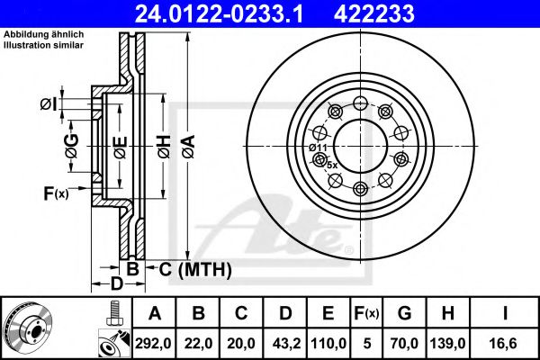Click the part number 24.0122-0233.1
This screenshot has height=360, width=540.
pyautogui.click(x=219, y=13)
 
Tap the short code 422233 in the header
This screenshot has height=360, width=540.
pyautogui.click(x=374, y=13)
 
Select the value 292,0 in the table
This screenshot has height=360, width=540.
pyautogui.click(x=153, y=343)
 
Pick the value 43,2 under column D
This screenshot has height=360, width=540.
pyautogui.click(x=286, y=343)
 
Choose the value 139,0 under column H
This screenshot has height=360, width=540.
pyautogui.click(x=447, y=343)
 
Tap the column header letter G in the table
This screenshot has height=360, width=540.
pyautogui.click(x=404, y=313)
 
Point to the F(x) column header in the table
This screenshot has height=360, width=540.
pyautogui.click(x=366, y=313)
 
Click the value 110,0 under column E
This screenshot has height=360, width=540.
pyautogui.click(x=328, y=343)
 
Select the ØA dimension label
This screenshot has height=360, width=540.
pyautogui.click(x=189, y=147)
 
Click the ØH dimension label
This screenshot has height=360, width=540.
pyautogui.click(x=165, y=147)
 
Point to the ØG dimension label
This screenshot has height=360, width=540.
pyautogui.click(x=72, y=147)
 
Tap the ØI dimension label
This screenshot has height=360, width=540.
pyautogui.click(x=49, y=104)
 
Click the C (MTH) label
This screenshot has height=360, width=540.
pyautogui.click(x=195, y=269)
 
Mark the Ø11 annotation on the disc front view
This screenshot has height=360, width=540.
pyautogui.click(x=318, y=148)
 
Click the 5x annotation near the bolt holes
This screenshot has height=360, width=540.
pyautogui.click(x=332, y=166)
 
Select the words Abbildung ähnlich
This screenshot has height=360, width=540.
pyautogui.click(x=44, y=34)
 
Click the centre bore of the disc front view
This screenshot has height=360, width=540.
pyautogui.click(x=360, y=146)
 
